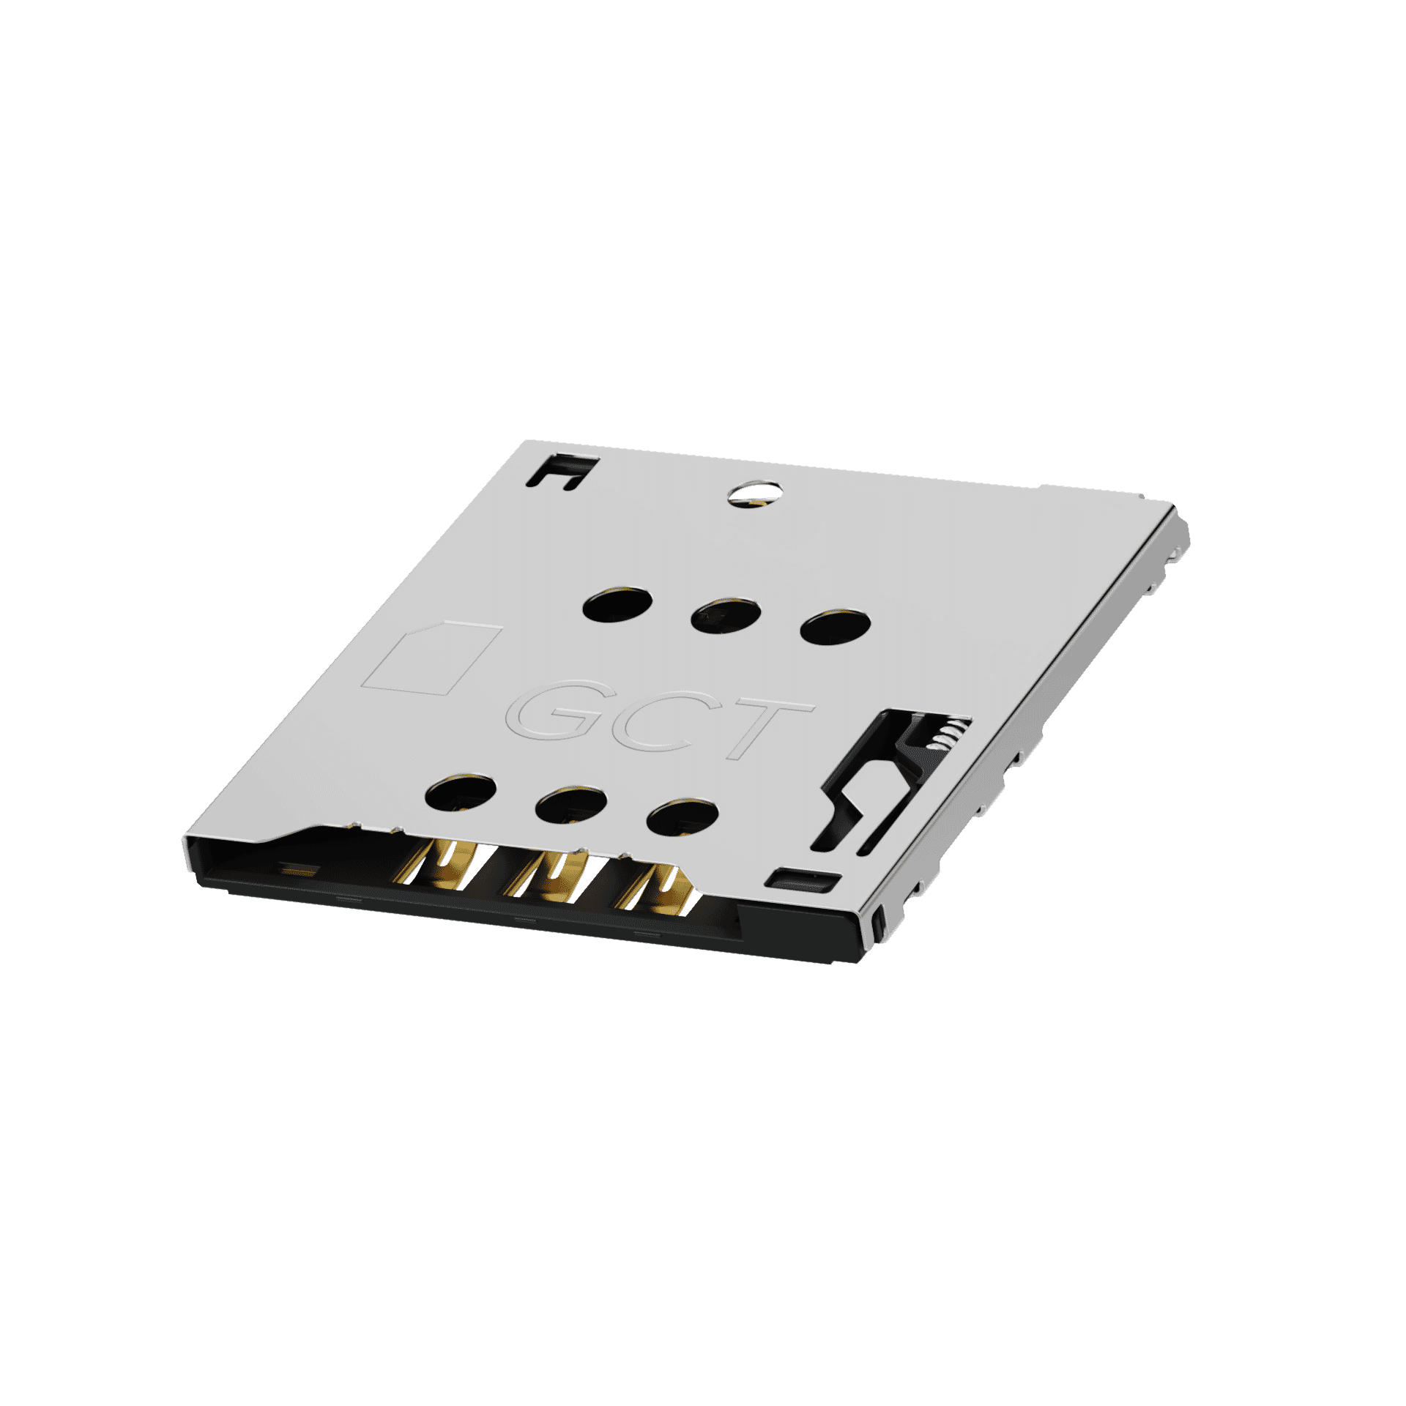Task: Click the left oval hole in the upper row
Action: tap(618, 605)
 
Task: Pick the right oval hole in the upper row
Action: tap(836, 627)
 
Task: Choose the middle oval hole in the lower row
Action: tap(571, 806)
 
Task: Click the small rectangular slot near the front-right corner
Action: tap(803, 879)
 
